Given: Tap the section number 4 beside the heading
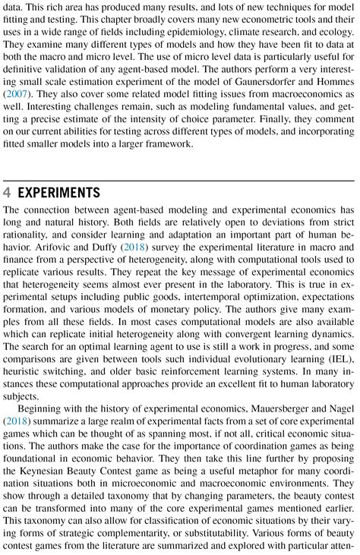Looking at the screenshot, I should pyautogui.click(x=8, y=191).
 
